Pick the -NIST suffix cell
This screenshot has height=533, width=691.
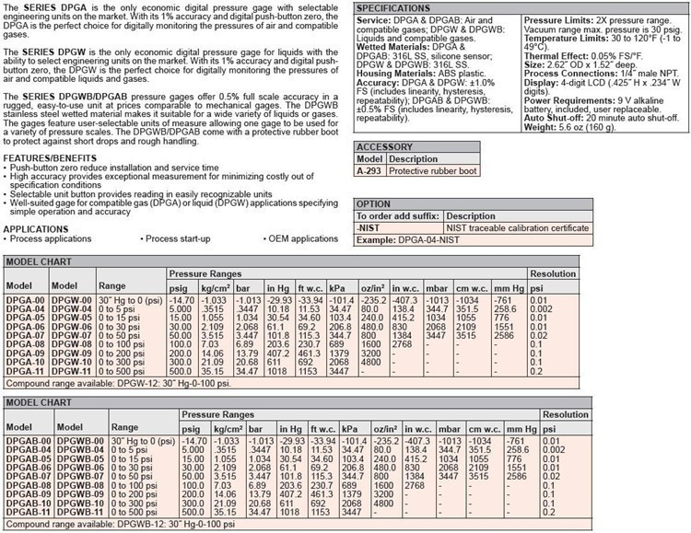coord(370,227)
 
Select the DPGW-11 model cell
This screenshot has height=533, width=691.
coord(70,370)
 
